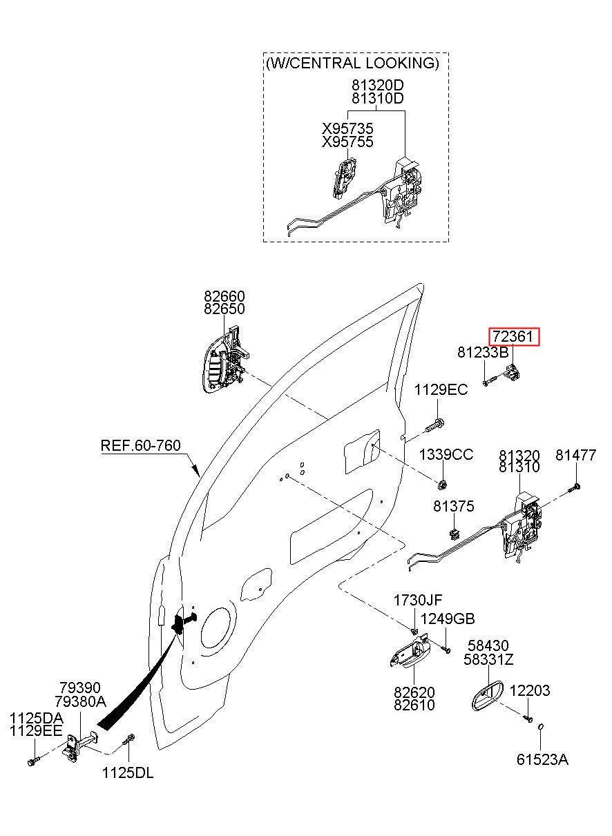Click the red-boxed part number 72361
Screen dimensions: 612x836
(x=514, y=337)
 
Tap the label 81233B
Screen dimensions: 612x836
(x=483, y=352)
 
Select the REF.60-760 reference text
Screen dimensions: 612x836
(x=141, y=445)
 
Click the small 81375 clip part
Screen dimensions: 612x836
(x=454, y=534)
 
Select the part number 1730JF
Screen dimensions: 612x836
(x=418, y=601)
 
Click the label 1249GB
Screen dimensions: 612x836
(x=448, y=619)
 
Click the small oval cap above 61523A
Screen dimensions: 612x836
(x=540, y=726)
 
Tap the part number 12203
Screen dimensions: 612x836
(x=530, y=690)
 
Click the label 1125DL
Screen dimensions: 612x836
(x=128, y=773)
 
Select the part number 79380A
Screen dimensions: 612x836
(x=80, y=702)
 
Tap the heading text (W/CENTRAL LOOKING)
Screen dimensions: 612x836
(x=352, y=63)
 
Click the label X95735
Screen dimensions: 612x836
(x=347, y=129)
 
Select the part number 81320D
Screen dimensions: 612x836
(x=378, y=86)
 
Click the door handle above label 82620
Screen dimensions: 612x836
(x=410, y=650)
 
